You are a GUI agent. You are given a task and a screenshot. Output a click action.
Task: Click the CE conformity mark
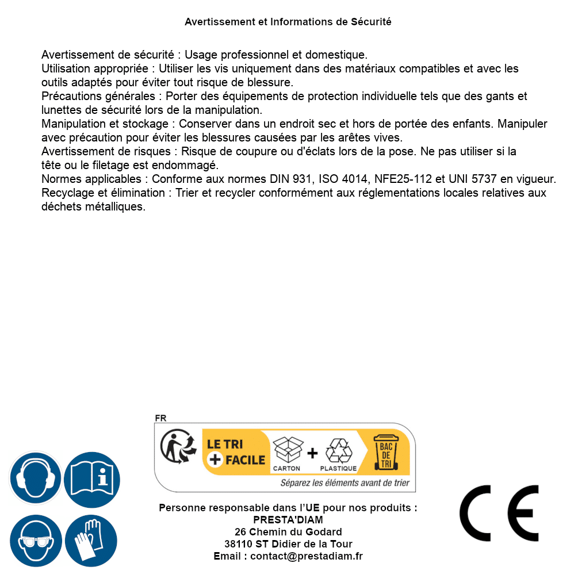point(499,513)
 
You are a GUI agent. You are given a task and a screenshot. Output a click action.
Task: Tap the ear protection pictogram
point(35,477)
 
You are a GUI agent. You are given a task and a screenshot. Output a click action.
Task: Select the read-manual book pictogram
point(91,477)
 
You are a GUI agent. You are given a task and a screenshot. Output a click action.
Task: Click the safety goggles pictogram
point(35,541)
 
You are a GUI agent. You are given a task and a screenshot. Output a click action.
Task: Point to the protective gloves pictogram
point(91,541)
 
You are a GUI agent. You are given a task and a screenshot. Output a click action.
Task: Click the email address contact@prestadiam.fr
point(306,556)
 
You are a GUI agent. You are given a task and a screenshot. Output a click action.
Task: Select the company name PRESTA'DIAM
point(288,520)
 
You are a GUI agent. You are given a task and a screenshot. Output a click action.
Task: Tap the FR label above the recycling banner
point(160,418)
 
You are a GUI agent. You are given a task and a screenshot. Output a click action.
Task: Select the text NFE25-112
point(403,179)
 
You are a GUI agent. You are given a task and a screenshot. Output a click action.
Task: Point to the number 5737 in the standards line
point(484,179)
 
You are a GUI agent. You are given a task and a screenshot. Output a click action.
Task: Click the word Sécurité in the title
point(371,22)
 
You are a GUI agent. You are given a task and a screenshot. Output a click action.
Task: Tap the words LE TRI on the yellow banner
point(225,445)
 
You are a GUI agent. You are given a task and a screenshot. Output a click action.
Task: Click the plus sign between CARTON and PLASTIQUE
point(312,453)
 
